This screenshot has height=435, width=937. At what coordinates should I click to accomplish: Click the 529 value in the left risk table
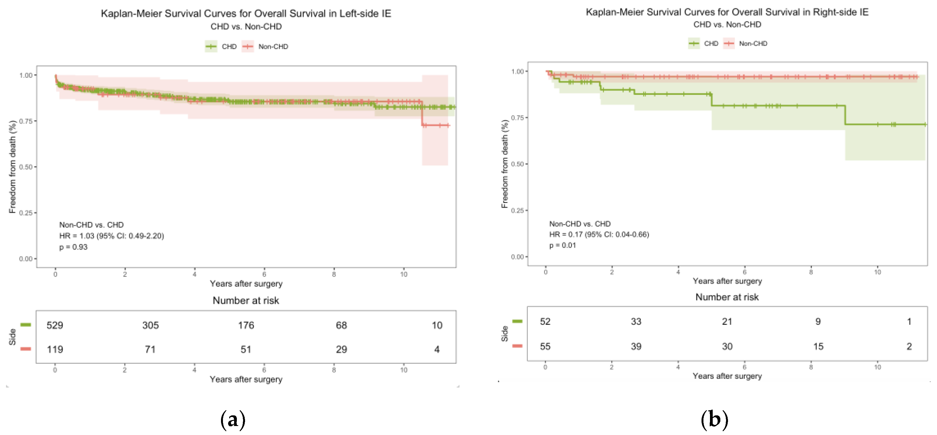click(x=55, y=325)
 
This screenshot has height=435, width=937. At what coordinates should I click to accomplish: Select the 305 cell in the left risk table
click(x=150, y=325)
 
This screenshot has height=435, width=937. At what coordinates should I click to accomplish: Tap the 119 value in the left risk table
click(x=55, y=350)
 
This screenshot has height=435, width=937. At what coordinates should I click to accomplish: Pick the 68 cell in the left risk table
click(x=341, y=325)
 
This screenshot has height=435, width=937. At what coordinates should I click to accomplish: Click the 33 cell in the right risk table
click(x=636, y=322)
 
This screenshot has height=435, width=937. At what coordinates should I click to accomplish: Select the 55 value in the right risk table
click(x=545, y=346)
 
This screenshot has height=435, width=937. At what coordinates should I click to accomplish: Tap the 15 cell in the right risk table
click(x=818, y=346)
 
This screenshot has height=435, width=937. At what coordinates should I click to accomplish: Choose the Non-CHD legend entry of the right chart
click(x=746, y=44)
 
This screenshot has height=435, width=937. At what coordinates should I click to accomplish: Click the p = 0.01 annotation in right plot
click(x=562, y=245)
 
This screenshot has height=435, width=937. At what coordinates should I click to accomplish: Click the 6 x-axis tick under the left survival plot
click(x=264, y=274)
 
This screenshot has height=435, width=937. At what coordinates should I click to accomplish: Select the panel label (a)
click(x=233, y=420)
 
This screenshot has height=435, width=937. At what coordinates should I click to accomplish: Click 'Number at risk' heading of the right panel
click(x=727, y=297)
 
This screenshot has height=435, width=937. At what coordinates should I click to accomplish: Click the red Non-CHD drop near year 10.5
click(x=422, y=113)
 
